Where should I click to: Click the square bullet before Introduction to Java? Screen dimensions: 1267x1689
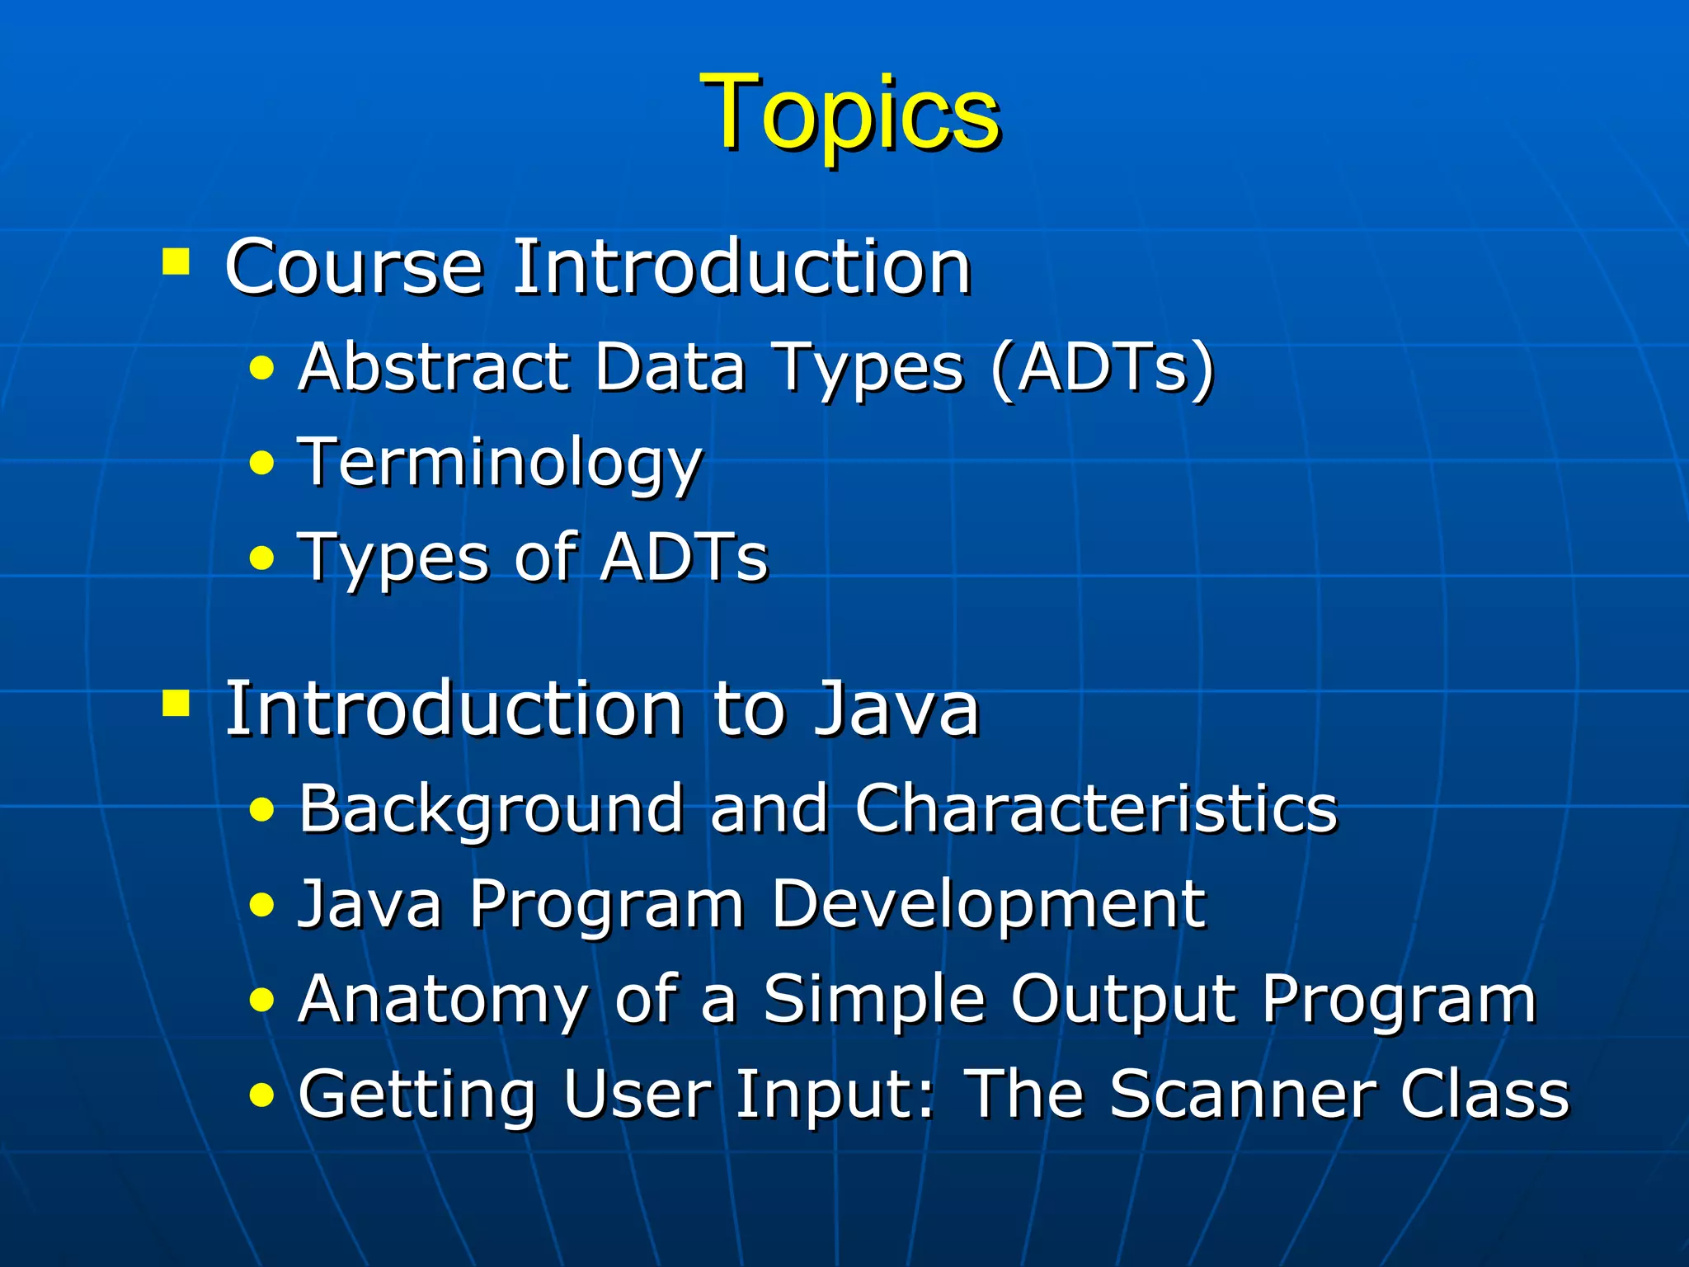pyautogui.click(x=176, y=704)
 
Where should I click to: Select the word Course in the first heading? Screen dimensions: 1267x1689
pyautogui.click(x=353, y=267)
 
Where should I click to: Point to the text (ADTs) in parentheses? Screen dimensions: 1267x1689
pyautogui.click(x=1103, y=368)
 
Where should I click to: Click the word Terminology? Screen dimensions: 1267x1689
pyautogui.click(x=499, y=464)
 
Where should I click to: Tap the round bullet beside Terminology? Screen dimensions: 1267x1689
pyautogui.click(x=261, y=464)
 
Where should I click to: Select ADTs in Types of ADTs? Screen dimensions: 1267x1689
pyautogui.click(x=684, y=558)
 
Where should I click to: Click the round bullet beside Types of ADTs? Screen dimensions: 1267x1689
pyautogui.click(x=261, y=559)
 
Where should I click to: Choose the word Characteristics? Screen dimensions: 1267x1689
pyautogui.click(x=1095, y=808)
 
